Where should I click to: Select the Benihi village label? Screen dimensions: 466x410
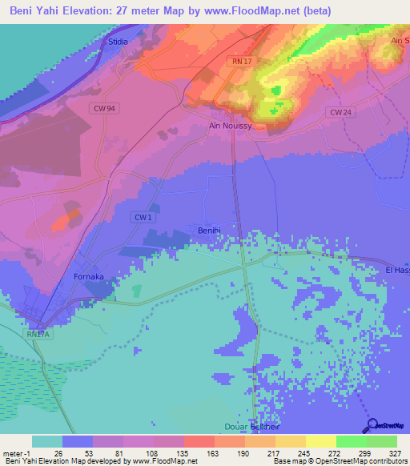pyautogui.click(x=210, y=231)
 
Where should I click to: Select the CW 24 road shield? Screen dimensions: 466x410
pyautogui.click(x=340, y=113)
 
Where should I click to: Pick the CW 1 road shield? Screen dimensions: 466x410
pyautogui.click(x=143, y=217)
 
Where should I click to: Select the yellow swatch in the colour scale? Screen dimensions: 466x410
pyautogui.click(x=321, y=441)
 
